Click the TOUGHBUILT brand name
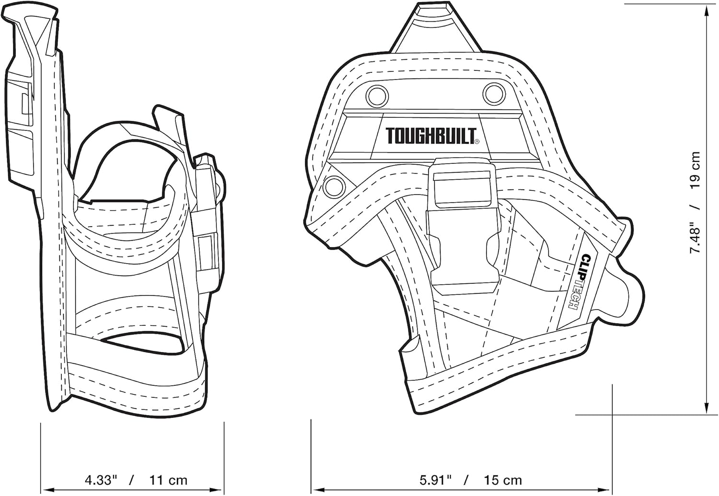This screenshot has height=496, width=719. tap(430, 136)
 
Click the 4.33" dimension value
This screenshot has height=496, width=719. tap(101, 480)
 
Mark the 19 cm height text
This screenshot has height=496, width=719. tap(695, 171)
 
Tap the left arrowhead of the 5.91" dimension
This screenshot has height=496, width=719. tap(317, 489)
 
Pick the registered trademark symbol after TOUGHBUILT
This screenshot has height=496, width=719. tap(477, 141)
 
